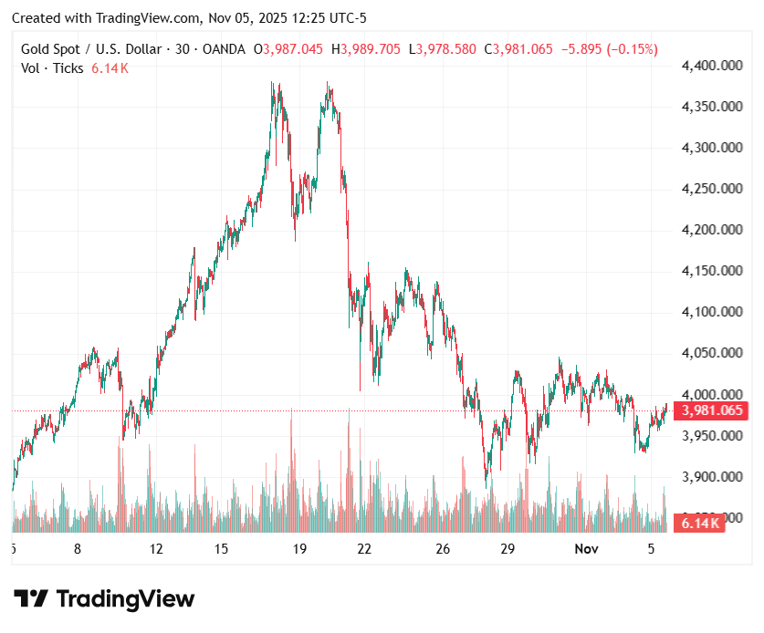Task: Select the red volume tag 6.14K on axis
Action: coord(698,523)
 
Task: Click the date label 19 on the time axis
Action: coord(298,549)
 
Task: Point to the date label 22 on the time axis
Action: coord(364,549)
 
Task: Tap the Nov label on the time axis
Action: coord(586,549)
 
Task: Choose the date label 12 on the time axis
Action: coord(156,549)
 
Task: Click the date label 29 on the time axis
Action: coord(508,549)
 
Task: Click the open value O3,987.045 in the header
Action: coord(288,49)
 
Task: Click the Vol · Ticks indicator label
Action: coord(52,68)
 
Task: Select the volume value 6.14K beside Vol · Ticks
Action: coord(110,68)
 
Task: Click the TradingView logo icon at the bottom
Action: coord(31,599)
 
